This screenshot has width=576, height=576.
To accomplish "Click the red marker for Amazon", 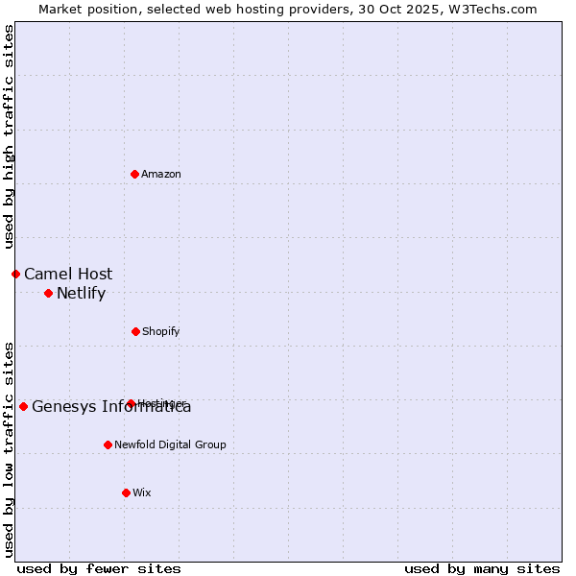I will pos(135,174).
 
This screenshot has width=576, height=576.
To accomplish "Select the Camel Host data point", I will pos(15,274).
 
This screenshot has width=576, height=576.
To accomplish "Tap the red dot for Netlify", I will pos(48,293).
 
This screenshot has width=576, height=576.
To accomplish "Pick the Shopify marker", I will pos(135,331).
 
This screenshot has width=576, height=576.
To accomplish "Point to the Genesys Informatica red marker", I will pos(23,406).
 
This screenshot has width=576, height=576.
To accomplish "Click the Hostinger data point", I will pos(131,403).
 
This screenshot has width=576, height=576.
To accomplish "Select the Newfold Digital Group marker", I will pos(108,444).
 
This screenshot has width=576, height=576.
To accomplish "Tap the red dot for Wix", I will pos(126,492).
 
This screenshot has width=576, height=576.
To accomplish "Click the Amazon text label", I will pos(161,174).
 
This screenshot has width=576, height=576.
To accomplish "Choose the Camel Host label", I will pos(68,274).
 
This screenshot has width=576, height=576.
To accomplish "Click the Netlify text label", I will pos(81,293).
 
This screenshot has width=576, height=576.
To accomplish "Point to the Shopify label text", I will pos(161,331).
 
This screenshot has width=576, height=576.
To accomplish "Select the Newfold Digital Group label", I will pos(170,444).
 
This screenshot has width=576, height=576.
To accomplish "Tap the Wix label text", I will pos(142,492).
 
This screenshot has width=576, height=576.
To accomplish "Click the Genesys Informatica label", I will pos(111,406).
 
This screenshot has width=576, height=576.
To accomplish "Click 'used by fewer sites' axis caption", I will pos(99,568).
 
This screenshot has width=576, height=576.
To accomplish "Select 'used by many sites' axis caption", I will pos(482,568).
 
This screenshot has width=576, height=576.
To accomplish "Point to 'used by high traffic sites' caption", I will pos(9,136).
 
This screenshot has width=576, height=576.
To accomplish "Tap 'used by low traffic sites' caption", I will pos(9,449).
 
